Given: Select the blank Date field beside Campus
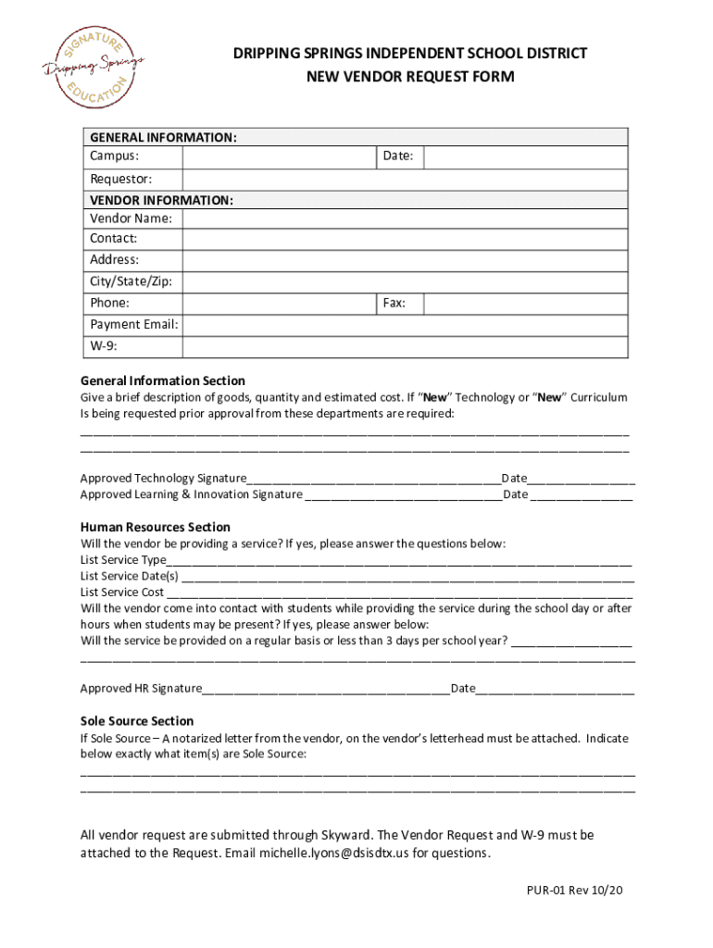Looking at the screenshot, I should (526, 156).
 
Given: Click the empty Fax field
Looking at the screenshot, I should (526, 303).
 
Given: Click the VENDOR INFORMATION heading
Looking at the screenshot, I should (161, 200).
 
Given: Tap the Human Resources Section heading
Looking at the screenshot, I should (156, 527).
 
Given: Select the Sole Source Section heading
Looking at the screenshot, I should (137, 721).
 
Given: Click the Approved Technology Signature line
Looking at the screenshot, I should (373, 480).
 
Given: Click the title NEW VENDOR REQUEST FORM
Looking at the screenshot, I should (410, 77).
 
